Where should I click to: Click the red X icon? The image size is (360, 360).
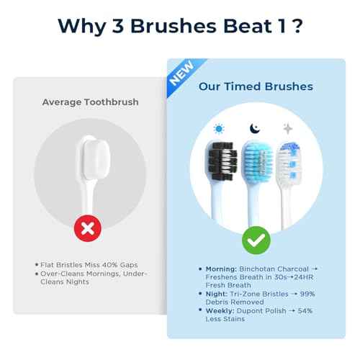[87, 228]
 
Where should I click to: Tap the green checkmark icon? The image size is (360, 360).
[256, 240]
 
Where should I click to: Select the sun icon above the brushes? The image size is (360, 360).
[219, 128]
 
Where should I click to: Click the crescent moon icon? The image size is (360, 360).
[254, 127]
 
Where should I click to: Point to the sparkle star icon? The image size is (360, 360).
[288, 128]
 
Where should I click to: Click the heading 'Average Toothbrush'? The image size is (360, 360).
[90, 102]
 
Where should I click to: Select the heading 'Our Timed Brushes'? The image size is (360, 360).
[256, 86]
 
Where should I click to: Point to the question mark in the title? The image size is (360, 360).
[297, 25]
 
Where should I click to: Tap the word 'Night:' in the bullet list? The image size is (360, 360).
[218, 293]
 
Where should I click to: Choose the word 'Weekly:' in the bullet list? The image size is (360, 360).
[221, 309]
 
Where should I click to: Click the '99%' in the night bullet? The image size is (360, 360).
[307, 293]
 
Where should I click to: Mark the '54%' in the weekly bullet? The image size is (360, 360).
[308, 309]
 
